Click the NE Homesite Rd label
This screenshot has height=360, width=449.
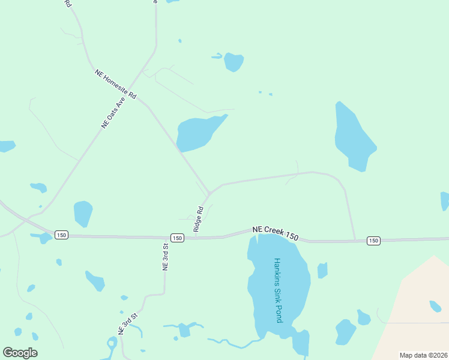point(116,84)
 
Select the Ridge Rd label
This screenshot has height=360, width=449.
point(199,219)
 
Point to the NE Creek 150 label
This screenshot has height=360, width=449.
point(275,233)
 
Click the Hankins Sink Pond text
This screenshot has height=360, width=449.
point(277,290)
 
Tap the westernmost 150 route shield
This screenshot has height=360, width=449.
point(61,235)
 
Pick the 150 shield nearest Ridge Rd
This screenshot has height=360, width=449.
point(176,238)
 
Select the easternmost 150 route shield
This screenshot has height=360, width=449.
point(373,241)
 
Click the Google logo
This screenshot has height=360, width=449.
point(20,353)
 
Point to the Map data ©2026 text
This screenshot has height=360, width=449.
point(423,355)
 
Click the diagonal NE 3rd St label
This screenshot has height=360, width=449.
point(128,323)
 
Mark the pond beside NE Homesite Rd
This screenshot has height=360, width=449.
point(198,133)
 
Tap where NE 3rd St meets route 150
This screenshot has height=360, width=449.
point(165,238)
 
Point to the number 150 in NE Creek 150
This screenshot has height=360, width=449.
point(291,236)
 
